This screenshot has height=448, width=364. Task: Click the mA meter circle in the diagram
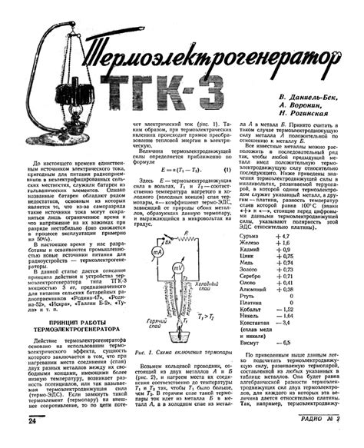[155, 252]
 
